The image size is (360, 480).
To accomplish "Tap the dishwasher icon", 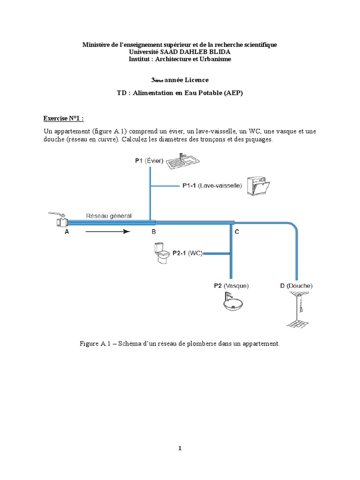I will (x=259, y=187).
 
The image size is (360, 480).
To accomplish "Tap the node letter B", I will (x=153, y=232).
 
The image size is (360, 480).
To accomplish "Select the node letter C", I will (x=237, y=232).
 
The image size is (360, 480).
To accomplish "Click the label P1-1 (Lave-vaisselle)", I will (x=212, y=186).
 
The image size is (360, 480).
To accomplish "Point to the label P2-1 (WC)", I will (x=187, y=253).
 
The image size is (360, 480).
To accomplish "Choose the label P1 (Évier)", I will (x=149, y=161).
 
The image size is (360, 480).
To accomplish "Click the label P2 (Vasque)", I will (x=232, y=285).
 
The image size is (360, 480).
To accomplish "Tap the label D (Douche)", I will (x=296, y=285).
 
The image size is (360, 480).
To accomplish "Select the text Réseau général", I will (x=109, y=216).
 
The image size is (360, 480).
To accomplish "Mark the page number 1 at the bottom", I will (x=180, y=448).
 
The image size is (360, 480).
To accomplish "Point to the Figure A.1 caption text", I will (x=180, y=344).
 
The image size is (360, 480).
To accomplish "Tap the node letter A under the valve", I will (x=67, y=232).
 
